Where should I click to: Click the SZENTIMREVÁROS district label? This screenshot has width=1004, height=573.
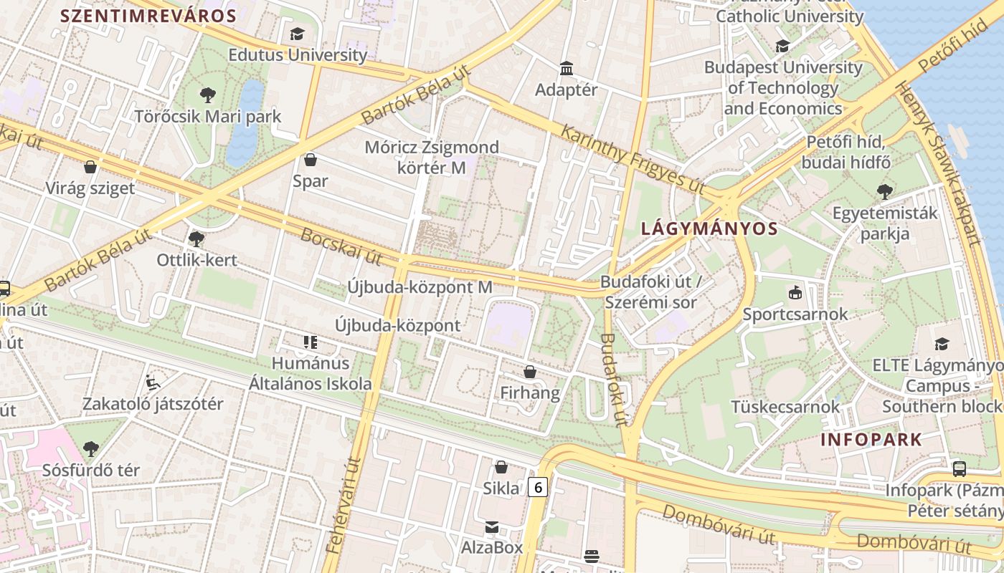pyautogui.click(x=148, y=16)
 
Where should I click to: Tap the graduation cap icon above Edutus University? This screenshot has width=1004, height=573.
pyautogui.click(x=297, y=34)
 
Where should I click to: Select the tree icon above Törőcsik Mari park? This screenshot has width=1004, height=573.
pyautogui.click(x=208, y=95)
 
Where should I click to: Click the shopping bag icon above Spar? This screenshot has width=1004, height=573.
pyautogui.click(x=311, y=160)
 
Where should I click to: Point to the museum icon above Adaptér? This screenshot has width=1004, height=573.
pyautogui.click(x=567, y=69)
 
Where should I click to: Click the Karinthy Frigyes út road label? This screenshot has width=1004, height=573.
pyautogui.click(x=633, y=159)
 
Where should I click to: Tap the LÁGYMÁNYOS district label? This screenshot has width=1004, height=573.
pyautogui.click(x=709, y=228)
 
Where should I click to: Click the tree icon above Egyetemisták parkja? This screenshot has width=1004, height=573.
pyautogui.click(x=885, y=192)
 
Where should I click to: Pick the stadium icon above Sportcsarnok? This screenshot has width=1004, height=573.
pyautogui.click(x=795, y=292)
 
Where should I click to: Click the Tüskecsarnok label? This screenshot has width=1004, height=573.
pyautogui.click(x=785, y=407)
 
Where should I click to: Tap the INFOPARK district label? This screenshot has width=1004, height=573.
pyautogui.click(x=871, y=439)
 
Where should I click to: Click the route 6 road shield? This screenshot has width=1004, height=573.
pyautogui.click(x=537, y=487)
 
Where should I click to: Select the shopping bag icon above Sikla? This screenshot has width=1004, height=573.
pyautogui.click(x=501, y=468)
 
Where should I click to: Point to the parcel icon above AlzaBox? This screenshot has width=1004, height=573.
pyautogui.click(x=492, y=528)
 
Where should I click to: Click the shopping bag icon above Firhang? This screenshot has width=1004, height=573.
pyautogui.click(x=530, y=372)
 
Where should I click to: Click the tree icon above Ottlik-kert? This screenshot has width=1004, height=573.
pyautogui.click(x=196, y=239)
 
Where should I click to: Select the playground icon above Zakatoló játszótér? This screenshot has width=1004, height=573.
pyautogui.click(x=153, y=382)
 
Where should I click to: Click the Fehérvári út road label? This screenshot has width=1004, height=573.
pyautogui.click(x=344, y=506)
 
